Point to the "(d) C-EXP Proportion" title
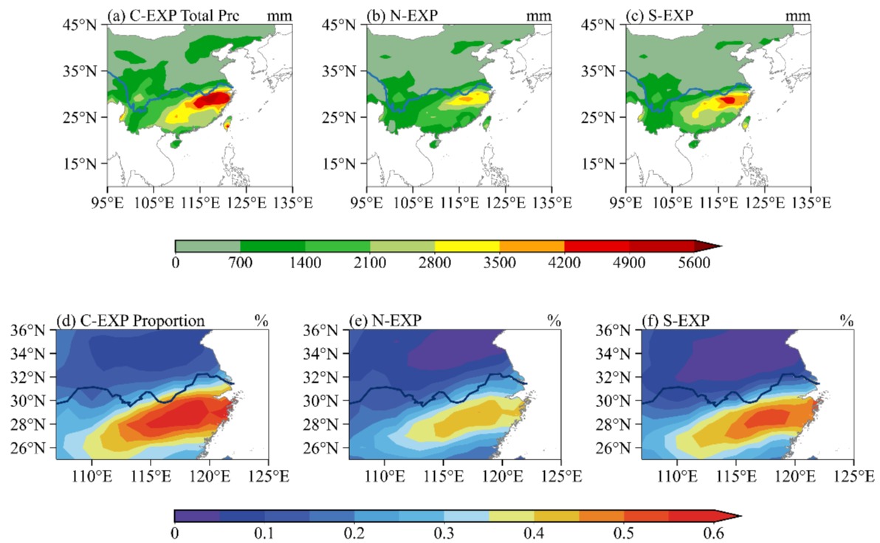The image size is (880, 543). coord(131,321)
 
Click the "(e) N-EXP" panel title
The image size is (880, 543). coord(383,321)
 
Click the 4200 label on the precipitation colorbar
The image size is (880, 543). coord(565,264)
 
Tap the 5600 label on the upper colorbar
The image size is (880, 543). coord(694,264)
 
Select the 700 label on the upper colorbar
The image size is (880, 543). coord(240,264)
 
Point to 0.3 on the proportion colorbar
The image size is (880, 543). coord(444,533)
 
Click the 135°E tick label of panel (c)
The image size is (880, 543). coord(811,202)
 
